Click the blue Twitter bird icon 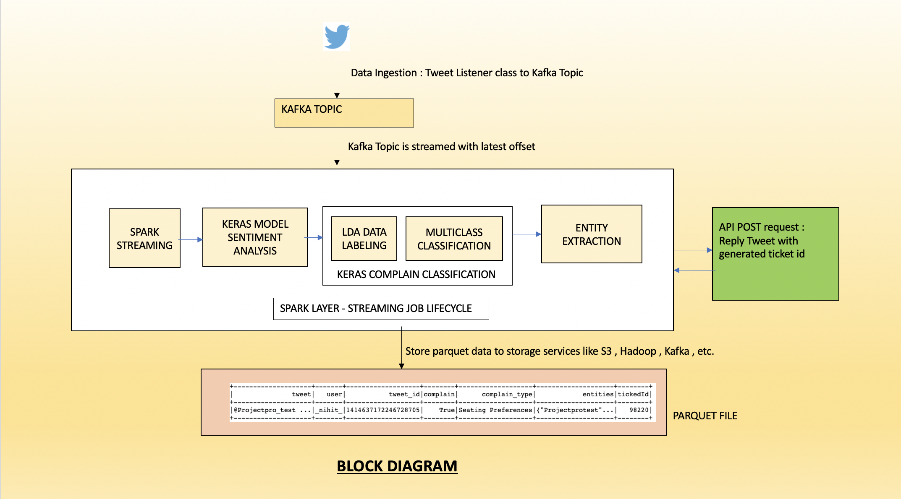click(336, 36)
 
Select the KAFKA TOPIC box click(344, 113)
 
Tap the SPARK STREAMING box click(144, 238)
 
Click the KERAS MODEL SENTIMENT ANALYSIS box click(255, 237)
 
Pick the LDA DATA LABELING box click(364, 239)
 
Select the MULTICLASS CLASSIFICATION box click(454, 239)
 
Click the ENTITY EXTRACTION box click(591, 234)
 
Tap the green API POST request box click(775, 254)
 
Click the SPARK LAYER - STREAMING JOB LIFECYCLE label click(380, 309)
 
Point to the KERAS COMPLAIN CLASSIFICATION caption click(416, 274)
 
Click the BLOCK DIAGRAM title click(397, 466)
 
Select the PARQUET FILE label click(705, 416)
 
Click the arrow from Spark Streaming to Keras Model click(191, 240)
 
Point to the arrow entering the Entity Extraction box click(526, 234)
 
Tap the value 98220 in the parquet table click(639, 410)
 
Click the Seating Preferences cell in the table click(495, 410)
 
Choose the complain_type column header click(507, 394)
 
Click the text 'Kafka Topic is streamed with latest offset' click(441, 147)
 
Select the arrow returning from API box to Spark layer click(693, 270)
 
